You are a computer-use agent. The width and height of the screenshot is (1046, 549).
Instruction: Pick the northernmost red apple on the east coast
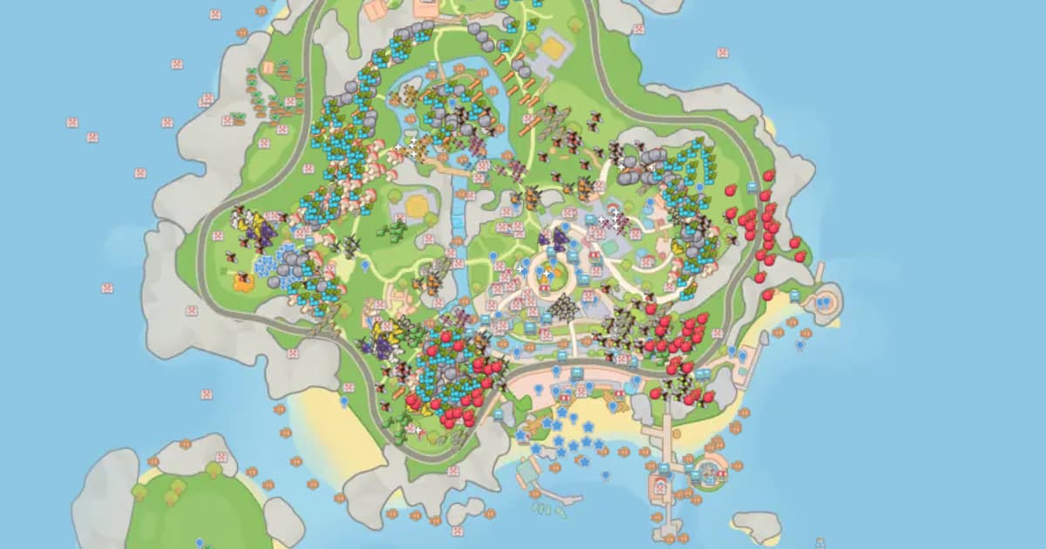point(769,175)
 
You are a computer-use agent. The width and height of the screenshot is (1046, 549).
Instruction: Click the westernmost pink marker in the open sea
point(72,123)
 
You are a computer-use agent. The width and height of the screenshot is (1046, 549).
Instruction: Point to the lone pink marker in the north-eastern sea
point(723,52)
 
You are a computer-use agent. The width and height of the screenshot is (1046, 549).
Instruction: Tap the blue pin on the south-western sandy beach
point(344,401)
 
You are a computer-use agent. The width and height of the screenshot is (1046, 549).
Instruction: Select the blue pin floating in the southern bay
point(605,475)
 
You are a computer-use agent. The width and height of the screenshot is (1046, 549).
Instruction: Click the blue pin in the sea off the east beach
point(800,344)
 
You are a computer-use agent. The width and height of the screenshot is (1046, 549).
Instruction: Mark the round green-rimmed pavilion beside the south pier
point(710,471)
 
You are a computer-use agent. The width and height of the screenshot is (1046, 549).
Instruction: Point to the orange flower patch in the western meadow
point(242,281)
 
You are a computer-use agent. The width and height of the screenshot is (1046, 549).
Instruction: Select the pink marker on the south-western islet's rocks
point(221,457)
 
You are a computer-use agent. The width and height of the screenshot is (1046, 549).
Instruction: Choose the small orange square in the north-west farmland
point(283,66)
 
